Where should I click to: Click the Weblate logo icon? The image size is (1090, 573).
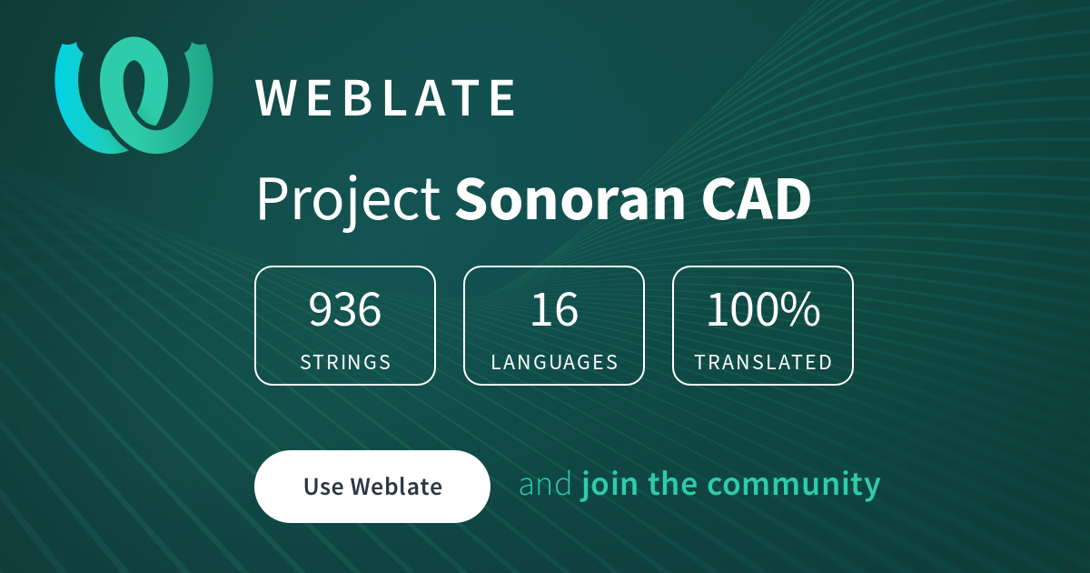point(134,95)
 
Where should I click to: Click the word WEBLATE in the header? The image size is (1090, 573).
point(386,98)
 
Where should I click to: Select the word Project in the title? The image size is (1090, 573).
point(348,200)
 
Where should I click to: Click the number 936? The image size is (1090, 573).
point(345,310)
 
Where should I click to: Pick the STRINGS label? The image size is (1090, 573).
point(345,362)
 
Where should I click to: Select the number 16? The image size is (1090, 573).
point(554,310)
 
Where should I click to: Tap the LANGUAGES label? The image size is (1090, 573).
point(554,362)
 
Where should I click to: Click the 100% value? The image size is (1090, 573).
point(763,310)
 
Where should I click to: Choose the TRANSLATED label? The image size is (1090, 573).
point(763,362)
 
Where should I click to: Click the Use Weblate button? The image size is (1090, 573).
point(372,487)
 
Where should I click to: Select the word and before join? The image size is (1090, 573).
point(545,484)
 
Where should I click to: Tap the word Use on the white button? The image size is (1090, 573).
point(322,487)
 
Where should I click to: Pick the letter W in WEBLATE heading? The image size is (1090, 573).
point(275,98)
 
